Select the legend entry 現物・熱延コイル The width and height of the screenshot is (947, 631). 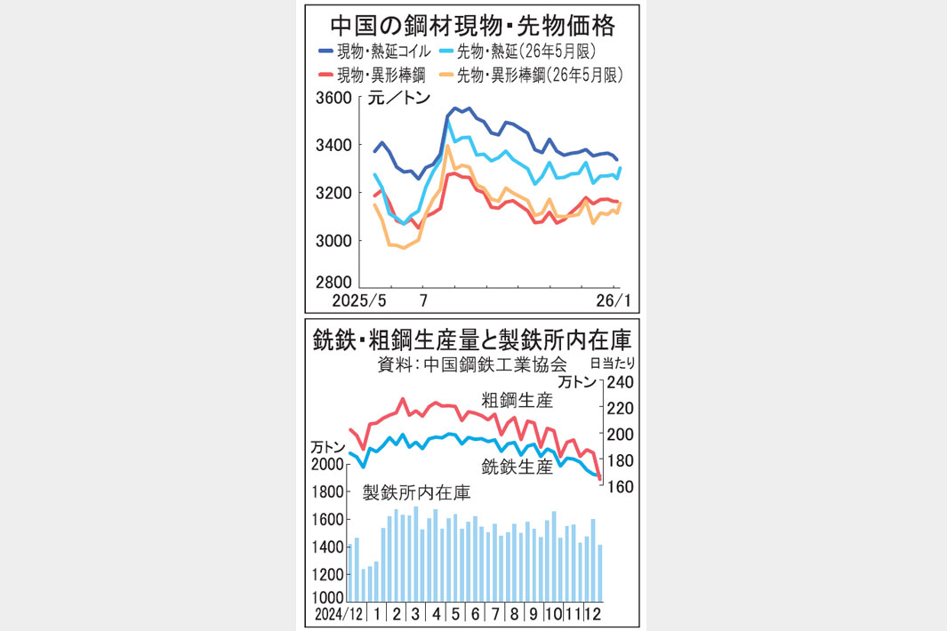point(387,52)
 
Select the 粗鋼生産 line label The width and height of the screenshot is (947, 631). point(517,401)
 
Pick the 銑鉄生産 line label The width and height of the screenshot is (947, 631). point(517,466)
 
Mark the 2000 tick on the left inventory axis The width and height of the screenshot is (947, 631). point(327,464)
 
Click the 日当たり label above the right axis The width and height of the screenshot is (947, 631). point(613,363)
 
